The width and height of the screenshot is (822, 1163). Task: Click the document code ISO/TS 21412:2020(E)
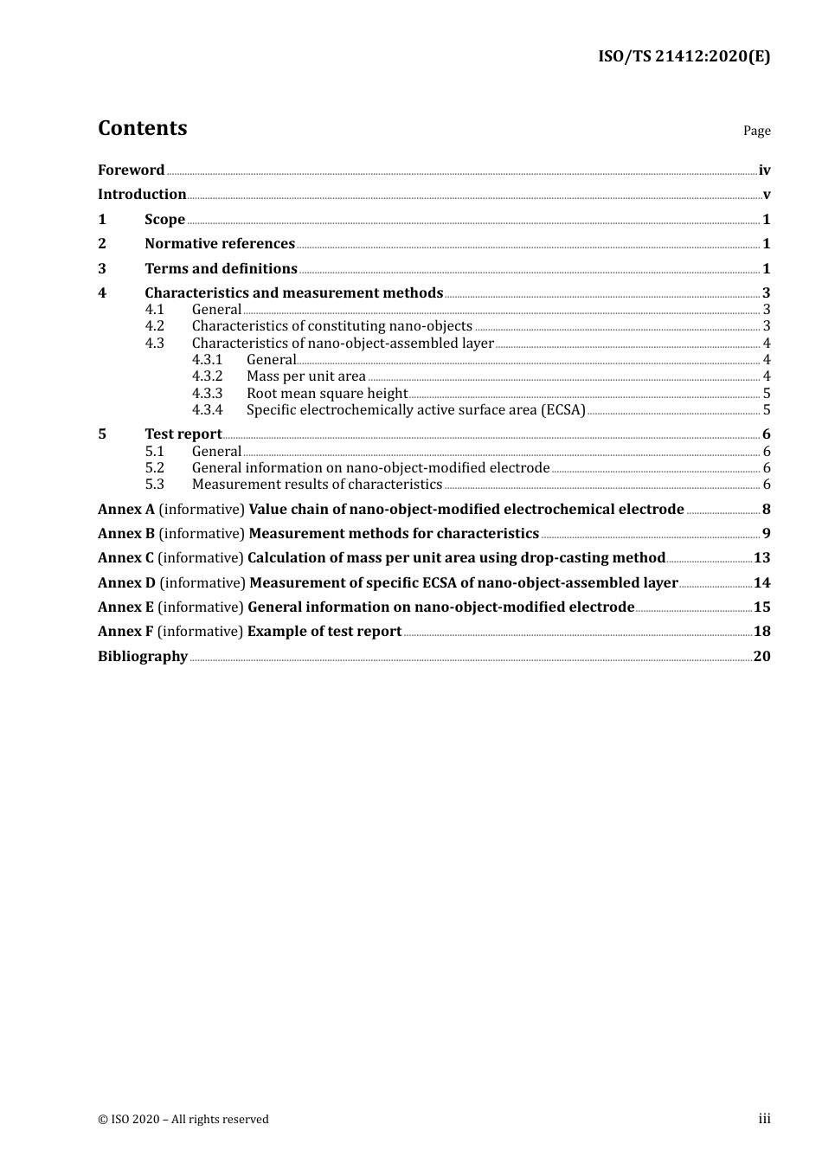(x=684, y=57)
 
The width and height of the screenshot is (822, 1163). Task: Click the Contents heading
(x=142, y=128)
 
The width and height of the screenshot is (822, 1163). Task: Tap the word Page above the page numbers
(x=756, y=131)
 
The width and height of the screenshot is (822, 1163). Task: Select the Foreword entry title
(x=131, y=170)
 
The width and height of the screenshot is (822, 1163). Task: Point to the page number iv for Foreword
(x=764, y=170)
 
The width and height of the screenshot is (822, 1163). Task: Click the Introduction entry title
(x=142, y=195)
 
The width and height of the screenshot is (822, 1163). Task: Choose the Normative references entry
(x=220, y=244)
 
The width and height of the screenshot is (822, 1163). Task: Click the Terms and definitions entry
(x=221, y=269)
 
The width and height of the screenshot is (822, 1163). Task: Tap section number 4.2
(x=154, y=326)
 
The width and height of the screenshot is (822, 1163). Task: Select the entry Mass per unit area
(x=305, y=376)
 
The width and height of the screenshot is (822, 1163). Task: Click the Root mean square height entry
(x=326, y=394)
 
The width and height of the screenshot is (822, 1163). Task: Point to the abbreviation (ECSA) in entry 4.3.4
(x=563, y=410)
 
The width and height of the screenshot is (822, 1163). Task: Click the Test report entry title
(x=183, y=434)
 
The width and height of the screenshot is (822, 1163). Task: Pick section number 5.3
(x=154, y=485)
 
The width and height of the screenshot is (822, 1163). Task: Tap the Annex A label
(x=126, y=510)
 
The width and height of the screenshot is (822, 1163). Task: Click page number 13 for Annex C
(x=761, y=558)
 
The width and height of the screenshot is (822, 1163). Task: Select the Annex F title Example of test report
(x=324, y=632)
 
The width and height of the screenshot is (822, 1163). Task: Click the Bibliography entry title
(x=143, y=657)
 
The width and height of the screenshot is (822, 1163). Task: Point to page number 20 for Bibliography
(x=761, y=657)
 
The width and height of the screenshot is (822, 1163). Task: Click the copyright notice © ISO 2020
(x=183, y=1120)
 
